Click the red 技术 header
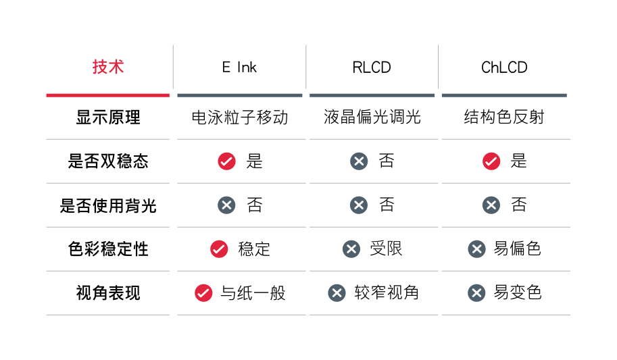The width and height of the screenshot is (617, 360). point(108,67)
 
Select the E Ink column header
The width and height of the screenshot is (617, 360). point(239,68)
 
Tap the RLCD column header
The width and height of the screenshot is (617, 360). point(372,68)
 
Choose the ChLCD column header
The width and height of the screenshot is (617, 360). point(504,68)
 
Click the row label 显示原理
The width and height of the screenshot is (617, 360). point(108,118)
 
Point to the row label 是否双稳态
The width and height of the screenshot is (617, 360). point(108,161)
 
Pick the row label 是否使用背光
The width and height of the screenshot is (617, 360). point(108,205)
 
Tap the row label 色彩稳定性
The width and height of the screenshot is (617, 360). point(108,249)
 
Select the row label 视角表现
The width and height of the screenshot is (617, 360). point(108,293)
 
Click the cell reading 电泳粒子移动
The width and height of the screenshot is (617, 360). point(240,118)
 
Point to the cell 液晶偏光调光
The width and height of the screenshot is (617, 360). point(372,117)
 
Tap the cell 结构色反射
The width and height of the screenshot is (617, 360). point(504,117)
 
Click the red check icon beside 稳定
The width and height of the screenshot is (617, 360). point(219,249)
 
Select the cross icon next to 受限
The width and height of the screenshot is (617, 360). point(351,249)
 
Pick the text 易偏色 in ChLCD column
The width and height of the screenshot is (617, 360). point(518,249)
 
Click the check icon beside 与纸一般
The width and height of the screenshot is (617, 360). point(203,293)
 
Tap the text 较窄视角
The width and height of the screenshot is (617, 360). point(387,292)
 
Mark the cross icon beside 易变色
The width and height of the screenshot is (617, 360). point(476,293)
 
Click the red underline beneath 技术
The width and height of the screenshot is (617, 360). point(108,95)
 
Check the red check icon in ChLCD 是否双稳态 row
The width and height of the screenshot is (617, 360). point(491,161)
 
